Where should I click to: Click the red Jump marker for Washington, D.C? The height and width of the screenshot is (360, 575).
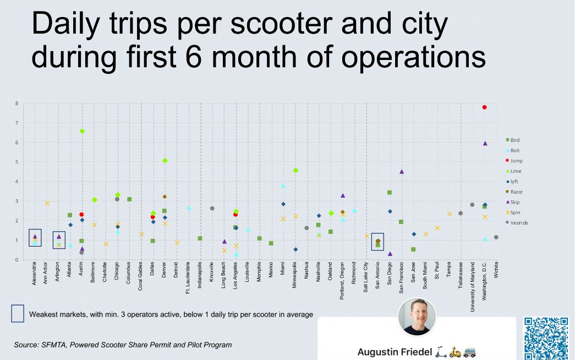point(484,107)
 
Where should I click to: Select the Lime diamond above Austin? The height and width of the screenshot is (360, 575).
point(82,131)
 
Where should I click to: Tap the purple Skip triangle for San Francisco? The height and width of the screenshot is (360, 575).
point(402,172)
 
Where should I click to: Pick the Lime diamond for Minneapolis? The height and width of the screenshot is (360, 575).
point(295,171)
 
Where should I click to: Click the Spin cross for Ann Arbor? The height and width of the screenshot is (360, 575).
point(47,203)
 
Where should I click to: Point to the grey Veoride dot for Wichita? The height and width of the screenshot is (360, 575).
point(496,237)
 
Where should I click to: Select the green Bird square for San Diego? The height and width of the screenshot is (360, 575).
point(390,193)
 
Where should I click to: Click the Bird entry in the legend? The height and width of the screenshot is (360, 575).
point(514,140)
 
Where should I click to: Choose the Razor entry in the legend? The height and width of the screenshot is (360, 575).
point(516,192)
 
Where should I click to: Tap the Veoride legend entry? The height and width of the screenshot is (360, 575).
point(517,223)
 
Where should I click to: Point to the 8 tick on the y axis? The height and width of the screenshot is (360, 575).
point(17,103)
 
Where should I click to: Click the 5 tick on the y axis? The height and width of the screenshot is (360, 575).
point(17,162)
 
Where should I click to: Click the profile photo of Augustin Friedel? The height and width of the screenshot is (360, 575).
point(417,317)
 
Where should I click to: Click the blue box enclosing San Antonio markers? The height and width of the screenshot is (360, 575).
point(377,242)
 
